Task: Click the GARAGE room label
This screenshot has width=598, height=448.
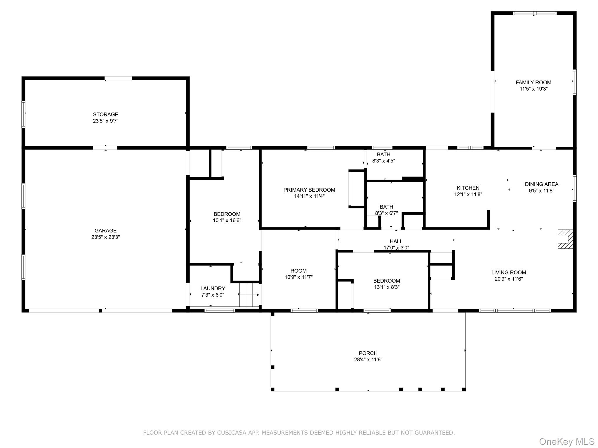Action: (x=105, y=231)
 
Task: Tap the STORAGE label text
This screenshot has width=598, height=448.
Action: (x=106, y=115)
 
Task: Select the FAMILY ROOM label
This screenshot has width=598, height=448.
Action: (x=533, y=83)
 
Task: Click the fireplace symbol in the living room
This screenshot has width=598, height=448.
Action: (x=565, y=239)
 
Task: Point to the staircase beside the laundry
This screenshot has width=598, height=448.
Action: (x=249, y=295)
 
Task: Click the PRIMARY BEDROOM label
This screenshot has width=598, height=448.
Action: (x=309, y=190)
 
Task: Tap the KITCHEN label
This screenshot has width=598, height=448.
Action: (x=468, y=188)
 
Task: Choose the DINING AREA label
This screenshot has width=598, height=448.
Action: (x=542, y=184)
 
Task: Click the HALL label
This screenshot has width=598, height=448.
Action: (x=396, y=242)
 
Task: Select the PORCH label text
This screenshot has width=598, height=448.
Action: (x=368, y=353)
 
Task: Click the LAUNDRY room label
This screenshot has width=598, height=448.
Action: (x=213, y=288)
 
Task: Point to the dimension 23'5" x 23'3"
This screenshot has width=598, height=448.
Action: (x=105, y=237)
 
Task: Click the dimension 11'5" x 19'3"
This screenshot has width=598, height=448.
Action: (x=533, y=89)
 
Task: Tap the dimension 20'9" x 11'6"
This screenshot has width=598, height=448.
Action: (x=509, y=279)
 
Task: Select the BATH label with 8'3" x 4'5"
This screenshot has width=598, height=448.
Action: (x=384, y=155)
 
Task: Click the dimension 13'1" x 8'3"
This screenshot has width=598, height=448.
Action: (x=387, y=287)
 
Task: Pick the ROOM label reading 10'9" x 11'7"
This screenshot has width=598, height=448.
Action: (x=298, y=271)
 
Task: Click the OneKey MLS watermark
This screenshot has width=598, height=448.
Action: (x=567, y=442)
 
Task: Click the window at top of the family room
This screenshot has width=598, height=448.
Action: (x=535, y=13)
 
